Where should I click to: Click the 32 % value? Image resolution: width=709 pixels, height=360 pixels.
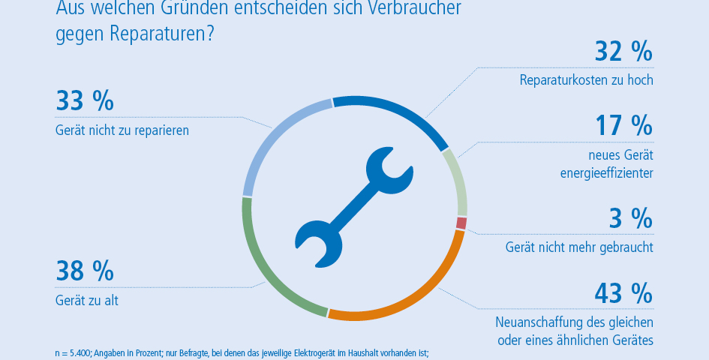point(623,52)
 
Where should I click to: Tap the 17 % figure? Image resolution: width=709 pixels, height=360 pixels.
point(623,125)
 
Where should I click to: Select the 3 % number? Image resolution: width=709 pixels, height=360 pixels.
point(630,218)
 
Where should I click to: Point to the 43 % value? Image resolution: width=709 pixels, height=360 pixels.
point(623,292)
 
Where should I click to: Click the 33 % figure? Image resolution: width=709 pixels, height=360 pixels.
point(85,101)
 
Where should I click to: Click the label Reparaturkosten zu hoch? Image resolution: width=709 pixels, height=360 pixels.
point(586,80)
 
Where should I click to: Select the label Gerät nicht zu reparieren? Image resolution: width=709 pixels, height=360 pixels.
point(122,130)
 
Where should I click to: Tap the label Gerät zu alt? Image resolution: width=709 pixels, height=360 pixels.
point(87,301)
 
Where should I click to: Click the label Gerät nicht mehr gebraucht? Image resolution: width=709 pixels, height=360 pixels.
point(579,247)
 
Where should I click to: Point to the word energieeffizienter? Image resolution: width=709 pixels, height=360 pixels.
point(607,173)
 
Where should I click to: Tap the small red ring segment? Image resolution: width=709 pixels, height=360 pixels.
point(461,223)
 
